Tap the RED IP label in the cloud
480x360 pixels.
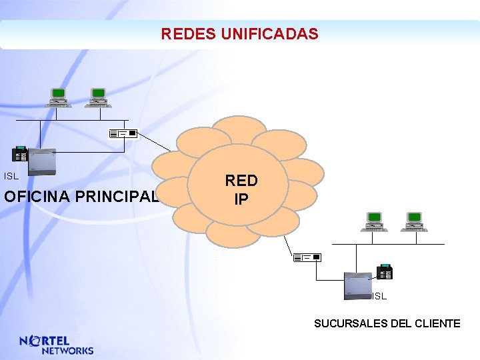(241, 189)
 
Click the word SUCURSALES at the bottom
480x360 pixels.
(344, 323)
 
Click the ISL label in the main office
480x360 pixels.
(11, 177)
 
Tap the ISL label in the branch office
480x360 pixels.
(379, 296)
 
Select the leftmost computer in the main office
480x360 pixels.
(58, 97)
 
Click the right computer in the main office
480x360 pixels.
(97, 97)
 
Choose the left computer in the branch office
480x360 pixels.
(374, 221)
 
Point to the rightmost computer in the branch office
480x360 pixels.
(414, 221)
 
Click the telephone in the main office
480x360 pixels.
(21, 154)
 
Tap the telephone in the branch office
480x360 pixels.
(385, 272)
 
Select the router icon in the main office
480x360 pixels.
(123, 134)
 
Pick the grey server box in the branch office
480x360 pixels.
(357, 285)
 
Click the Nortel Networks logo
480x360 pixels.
(57, 344)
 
